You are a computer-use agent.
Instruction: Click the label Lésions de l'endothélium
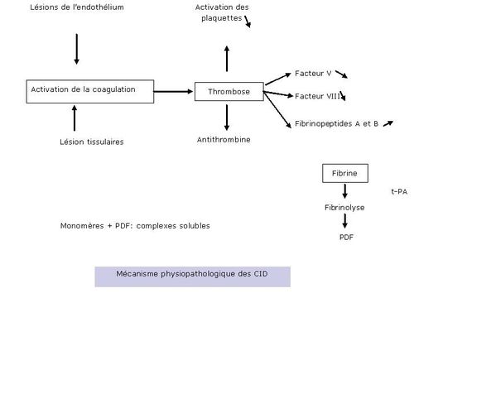point(77,7)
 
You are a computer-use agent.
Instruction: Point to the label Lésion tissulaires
point(92,142)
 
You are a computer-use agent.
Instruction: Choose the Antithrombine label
point(224,140)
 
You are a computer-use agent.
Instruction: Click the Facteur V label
point(313,74)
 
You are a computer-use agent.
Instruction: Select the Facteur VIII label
point(317,96)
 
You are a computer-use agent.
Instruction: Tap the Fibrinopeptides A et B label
point(336,123)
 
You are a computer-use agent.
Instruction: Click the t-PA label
point(399,191)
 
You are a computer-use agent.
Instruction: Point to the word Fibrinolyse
point(344,208)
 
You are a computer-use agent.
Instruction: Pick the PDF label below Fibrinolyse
point(346,237)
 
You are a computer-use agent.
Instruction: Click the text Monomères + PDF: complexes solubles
point(135,226)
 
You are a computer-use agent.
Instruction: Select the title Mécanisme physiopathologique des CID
point(192,274)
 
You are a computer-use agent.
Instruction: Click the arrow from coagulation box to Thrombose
point(173,92)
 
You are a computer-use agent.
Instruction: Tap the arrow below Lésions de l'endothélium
point(76,49)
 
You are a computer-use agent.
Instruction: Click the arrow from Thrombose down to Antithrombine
point(227,118)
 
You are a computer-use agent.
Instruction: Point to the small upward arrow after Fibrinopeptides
point(388,123)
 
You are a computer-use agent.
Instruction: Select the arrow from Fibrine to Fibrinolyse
point(345,191)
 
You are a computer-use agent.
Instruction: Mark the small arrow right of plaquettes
point(248,22)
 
